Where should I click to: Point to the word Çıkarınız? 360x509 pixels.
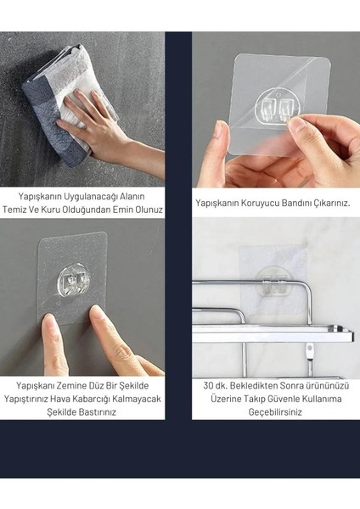click(326, 204)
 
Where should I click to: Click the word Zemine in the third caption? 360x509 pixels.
click(70, 384)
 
